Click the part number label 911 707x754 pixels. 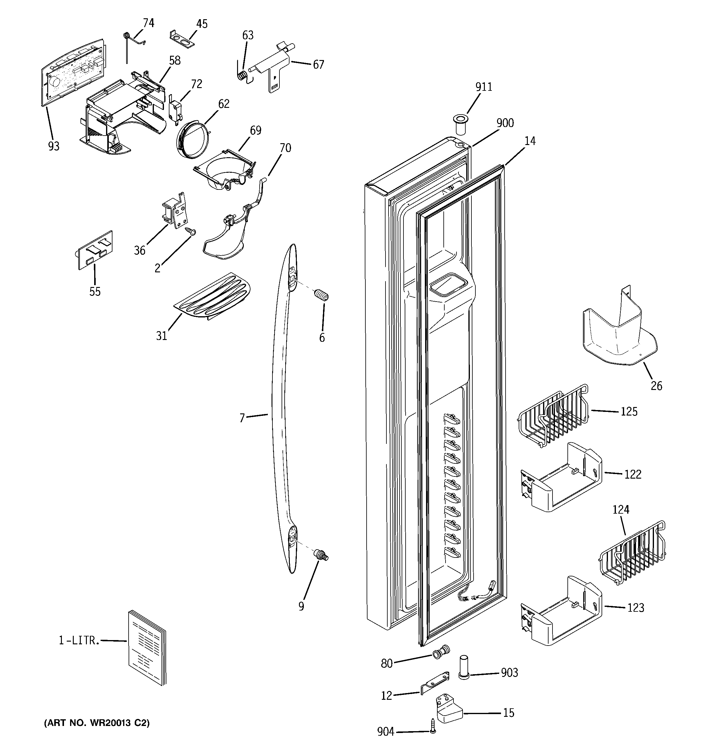[x=484, y=87]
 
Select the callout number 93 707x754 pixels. [x=54, y=146]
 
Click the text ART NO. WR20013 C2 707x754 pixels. [x=97, y=723]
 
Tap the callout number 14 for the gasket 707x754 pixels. [x=530, y=141]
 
